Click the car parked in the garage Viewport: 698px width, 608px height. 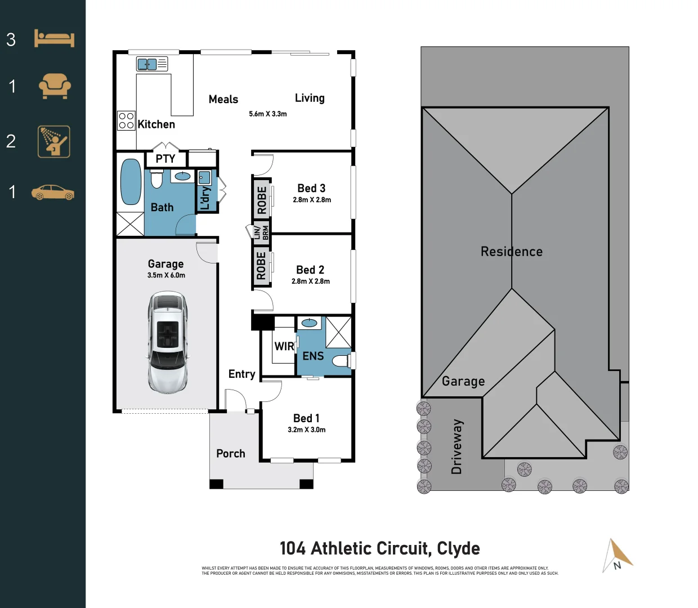tap(167, 342)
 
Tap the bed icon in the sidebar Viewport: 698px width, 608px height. tap(54, 38)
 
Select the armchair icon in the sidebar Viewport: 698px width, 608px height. tap(55, 86)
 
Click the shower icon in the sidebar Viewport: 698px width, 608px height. tap(54, 141)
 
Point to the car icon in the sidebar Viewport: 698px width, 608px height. tap(53, 193)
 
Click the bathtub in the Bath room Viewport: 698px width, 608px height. tap(131, 182)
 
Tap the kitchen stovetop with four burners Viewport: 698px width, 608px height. tap(126, 120)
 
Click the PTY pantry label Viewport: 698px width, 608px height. tap(165, 159)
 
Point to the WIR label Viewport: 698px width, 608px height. tap(284, 346)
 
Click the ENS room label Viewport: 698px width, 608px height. tap(313, 356)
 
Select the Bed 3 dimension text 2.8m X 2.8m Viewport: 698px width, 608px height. tap(312, 200)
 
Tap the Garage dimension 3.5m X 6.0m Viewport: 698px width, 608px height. tap(166, 275)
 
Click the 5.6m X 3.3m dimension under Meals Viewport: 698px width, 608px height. tap(268, 114)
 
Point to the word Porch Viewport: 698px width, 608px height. tap(231, 453)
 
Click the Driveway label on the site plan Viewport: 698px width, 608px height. tap(457, 446)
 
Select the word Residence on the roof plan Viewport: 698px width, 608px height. tap(512, 252)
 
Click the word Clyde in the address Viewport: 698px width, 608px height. tap(458, 548)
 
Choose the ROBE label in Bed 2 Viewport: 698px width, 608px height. tap(261, 266)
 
